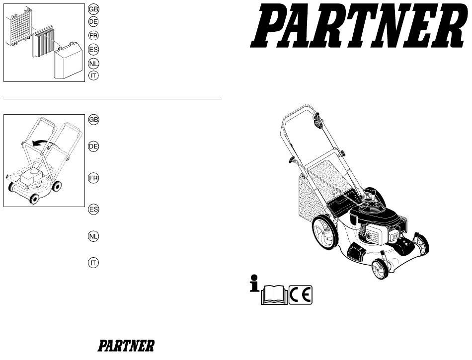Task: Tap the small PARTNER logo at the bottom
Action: [126, 346]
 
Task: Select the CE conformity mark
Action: [301, 295]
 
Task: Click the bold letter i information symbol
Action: [254, 283]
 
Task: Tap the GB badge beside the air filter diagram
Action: [93, 9]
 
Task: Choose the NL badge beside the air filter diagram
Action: [93, 64]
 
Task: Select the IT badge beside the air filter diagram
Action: [93, 75]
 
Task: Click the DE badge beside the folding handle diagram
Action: [93, 146]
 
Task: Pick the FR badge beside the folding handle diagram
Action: [93, 178]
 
